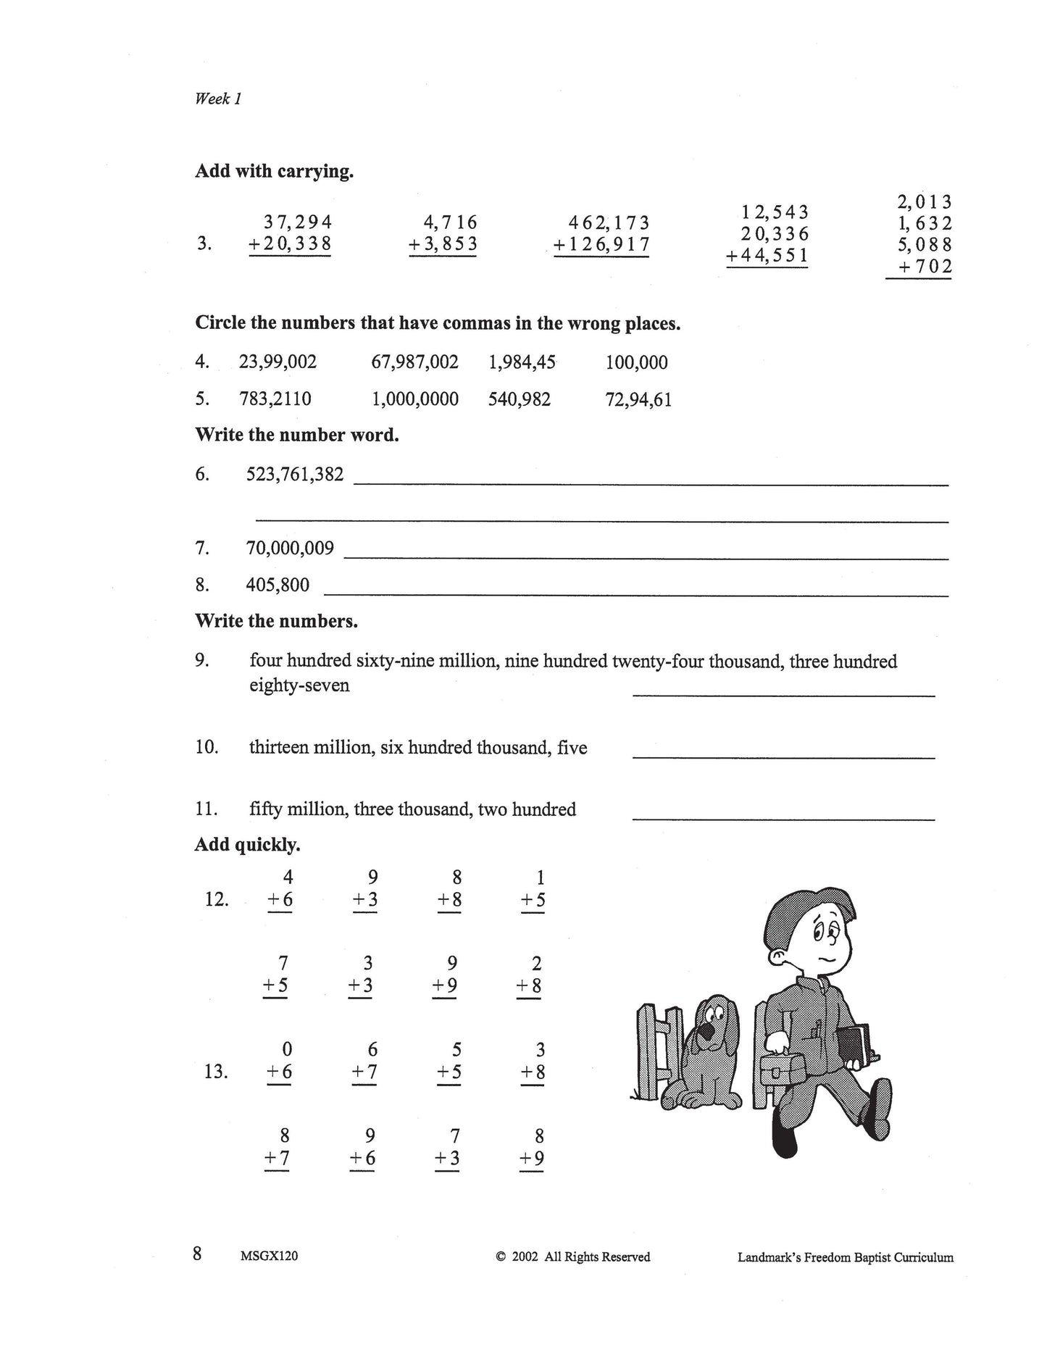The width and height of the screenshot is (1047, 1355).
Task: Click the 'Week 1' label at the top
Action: click(217, 99)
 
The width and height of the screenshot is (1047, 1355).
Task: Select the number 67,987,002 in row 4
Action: click(414, 362)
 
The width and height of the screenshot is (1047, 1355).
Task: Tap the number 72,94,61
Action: click(638, 400)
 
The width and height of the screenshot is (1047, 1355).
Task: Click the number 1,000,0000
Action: click(414, 399)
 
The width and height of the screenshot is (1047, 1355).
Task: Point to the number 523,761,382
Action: click(295, 475)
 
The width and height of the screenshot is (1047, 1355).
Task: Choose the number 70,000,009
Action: click(290, 548)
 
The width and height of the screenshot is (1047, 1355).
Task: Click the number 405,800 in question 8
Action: click(278, 585)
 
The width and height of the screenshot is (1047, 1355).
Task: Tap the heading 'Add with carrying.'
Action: click(274, 172)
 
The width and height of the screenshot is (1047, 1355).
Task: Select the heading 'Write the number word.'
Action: click(297, 435)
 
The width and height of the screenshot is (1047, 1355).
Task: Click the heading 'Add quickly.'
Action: click(247, 845)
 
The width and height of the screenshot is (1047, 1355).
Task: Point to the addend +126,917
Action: click(601, 245)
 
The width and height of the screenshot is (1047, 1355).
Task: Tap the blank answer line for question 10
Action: click(783, 757)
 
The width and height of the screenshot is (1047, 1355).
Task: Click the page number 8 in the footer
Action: click(197, 1254)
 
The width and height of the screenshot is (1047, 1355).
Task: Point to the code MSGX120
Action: click(268, 1256)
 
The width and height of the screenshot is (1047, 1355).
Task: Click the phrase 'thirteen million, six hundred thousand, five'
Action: click(418, 748)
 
